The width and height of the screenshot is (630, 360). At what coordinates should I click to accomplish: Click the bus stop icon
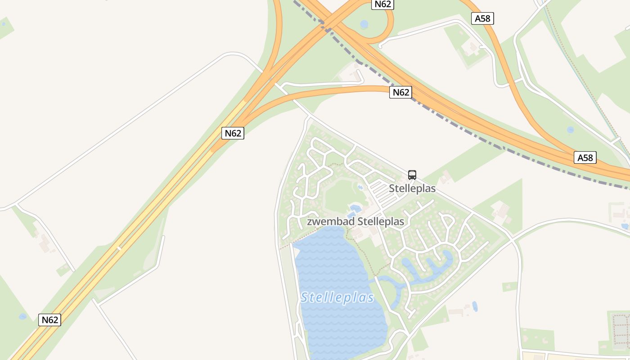[412, 175]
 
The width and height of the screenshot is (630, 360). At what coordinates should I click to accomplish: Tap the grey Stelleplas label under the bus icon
[412, 188]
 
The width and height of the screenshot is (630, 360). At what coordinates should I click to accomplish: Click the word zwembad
[331, 221]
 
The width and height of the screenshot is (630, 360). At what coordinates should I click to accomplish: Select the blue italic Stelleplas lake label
[337, 297]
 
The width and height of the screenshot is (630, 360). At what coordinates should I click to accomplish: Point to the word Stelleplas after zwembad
[381, 221]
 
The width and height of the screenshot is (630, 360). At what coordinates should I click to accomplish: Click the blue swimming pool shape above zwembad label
[355, 208]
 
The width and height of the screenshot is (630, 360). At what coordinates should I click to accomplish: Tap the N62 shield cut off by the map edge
[382, 4]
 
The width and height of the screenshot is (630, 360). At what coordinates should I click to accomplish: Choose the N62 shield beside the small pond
[49, 320]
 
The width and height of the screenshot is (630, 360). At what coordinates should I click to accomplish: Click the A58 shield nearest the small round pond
[585, 157]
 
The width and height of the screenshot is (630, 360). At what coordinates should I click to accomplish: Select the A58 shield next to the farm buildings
[483, 18]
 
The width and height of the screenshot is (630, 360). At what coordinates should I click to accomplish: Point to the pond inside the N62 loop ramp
[364, 24]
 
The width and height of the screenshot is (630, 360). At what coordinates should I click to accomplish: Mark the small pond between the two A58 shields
[570, 130]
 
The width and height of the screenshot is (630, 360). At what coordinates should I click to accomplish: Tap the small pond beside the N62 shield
[22, 317]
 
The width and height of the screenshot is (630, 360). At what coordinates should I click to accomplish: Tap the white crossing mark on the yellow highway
[119, 247]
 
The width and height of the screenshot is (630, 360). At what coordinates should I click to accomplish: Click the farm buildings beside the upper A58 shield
[472, 47]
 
